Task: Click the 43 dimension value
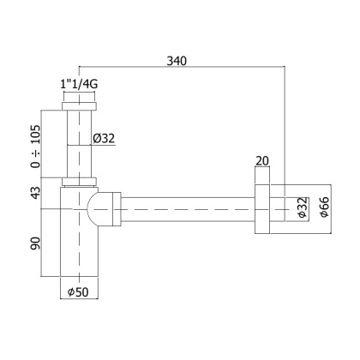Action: [x=34, y=195]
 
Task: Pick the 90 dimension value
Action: [x=34, y=245]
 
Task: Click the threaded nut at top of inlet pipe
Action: [x=80, y=109]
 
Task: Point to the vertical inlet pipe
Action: [x=80, y=146]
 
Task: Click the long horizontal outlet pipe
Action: [x=189, y=207]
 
